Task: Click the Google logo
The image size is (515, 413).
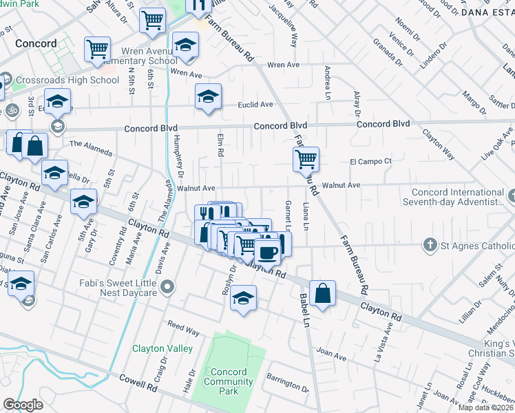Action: click(23, 405)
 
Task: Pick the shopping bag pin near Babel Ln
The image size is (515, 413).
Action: click(322, 293)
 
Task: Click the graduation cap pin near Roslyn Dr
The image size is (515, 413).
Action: click(242, 299)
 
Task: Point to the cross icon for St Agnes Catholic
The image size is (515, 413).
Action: click(430, 245)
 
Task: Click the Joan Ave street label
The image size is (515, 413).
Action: click(331, 353)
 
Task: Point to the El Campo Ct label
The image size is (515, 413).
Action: click(370, 162)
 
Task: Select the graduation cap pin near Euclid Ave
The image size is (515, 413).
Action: click(207, 96)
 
